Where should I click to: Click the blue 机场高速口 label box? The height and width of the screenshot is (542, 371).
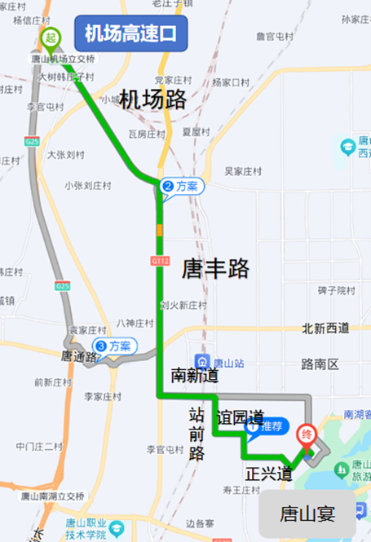(x=130, y=33)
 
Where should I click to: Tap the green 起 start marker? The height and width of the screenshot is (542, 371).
(x=51, y=38)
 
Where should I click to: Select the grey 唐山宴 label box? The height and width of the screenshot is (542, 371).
(x=307, y=513)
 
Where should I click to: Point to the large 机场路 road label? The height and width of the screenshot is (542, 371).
(x=153, y=100)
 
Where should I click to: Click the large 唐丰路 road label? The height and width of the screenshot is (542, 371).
(x=215, y=267)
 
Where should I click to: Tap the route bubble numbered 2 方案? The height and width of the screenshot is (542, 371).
(x=182, y=187)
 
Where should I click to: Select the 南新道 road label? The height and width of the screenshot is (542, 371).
(x=195, y=376)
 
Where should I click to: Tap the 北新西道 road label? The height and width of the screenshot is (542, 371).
(x=325, y=328)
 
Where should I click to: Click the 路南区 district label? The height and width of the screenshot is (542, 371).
(x=320, y=364)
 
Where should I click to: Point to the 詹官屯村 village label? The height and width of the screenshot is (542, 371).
(x=274, y=37)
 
